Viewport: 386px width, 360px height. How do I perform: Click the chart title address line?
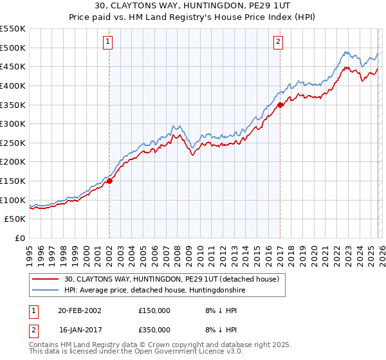[193, 6]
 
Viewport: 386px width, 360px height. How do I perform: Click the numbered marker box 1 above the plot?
[108, 42]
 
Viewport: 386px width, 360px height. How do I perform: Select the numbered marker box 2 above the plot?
[278, 42]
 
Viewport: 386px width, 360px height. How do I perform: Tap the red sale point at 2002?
[109, 181]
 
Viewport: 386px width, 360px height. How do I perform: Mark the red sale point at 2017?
[280, 105]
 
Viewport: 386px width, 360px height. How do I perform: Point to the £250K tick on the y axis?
[13, 143]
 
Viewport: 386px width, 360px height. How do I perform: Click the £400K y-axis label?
[13, 85]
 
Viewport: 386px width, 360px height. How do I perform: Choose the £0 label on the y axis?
[19, 238]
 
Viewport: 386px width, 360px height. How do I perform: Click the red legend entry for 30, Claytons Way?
[171, 279]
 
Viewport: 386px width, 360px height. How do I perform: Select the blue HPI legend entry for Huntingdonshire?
[154, 291]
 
